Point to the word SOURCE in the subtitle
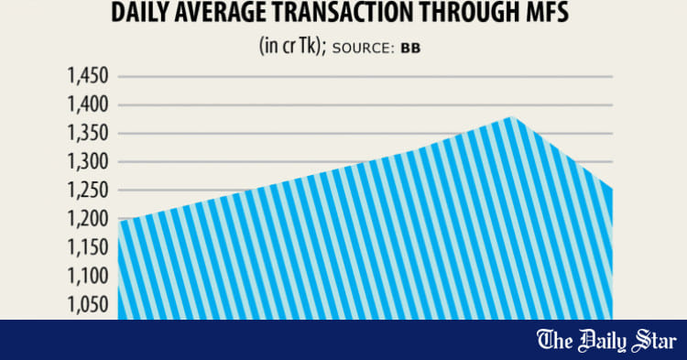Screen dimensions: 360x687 [x=365, y=49]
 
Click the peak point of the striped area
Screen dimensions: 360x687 [x=510, y=117]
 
